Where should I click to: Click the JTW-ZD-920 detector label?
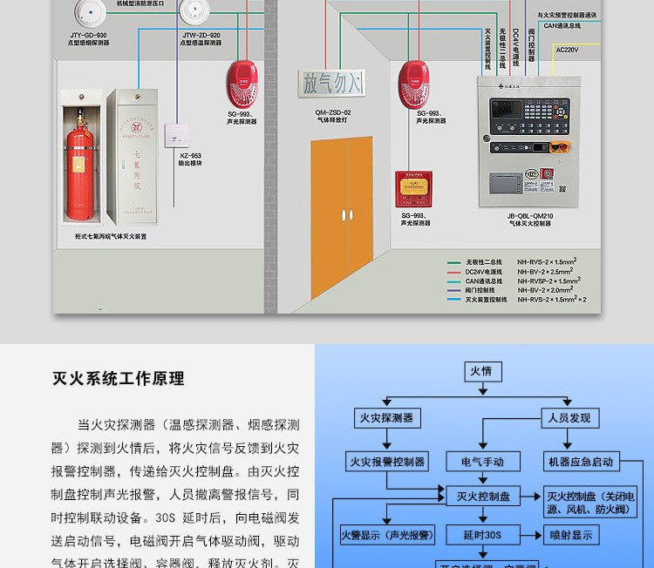pos(201,36)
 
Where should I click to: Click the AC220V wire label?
pos(568,50)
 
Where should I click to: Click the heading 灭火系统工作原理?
pos(118,379)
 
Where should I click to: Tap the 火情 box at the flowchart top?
pos(481,371)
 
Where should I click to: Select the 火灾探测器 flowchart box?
pos(385,417)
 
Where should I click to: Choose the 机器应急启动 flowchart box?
pos(580,461)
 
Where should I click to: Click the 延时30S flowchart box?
pos(482,534)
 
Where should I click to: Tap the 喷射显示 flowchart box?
pos(570,534)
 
